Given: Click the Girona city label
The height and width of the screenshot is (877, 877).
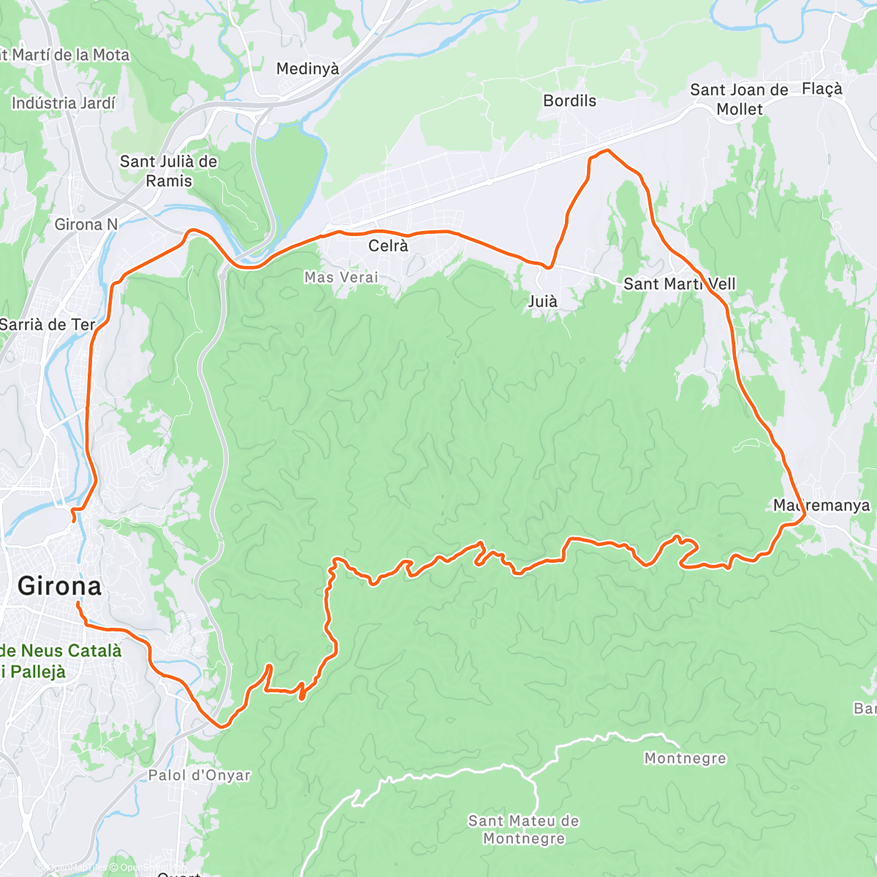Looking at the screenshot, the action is (x=59, y=586).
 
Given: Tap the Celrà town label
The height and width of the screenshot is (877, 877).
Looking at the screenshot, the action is (x=388, y=246).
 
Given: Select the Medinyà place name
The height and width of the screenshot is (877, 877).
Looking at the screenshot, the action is (x=308, y=69).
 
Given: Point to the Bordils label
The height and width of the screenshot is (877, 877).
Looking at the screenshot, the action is (x=569, y=101).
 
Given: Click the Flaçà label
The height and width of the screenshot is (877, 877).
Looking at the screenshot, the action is (x=821, y=89).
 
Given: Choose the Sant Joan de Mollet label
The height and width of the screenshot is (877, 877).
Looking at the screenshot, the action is (x=739, y=99).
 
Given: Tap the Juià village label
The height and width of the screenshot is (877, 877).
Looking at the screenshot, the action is (x=542, y=301).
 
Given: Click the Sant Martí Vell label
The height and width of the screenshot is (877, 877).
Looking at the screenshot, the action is (x=679, y=284).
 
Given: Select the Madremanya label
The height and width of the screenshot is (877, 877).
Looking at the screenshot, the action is (x=821, y=505).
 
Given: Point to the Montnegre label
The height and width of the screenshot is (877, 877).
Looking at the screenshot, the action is (x=685, y=759).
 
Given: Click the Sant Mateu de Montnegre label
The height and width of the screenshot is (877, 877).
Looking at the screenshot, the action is (x=523, y=829).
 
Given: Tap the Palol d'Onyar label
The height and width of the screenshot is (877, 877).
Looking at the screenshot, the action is (x=199, y=775).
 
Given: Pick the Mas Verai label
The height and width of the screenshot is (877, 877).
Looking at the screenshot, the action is (x=341, y=277).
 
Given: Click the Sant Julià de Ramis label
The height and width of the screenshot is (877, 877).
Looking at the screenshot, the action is (x=169, y=170).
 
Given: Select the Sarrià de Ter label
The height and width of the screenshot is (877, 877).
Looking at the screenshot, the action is (x=48, y=324).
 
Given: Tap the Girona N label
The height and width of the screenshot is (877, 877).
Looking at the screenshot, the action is (x=86, y=224).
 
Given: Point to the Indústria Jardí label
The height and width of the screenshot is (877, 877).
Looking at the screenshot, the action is (x=64, y=103).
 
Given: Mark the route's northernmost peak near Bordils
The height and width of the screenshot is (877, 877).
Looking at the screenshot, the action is (x=606, y=150).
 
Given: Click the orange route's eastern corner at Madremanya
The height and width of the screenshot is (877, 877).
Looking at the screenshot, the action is (x=804, y=516).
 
